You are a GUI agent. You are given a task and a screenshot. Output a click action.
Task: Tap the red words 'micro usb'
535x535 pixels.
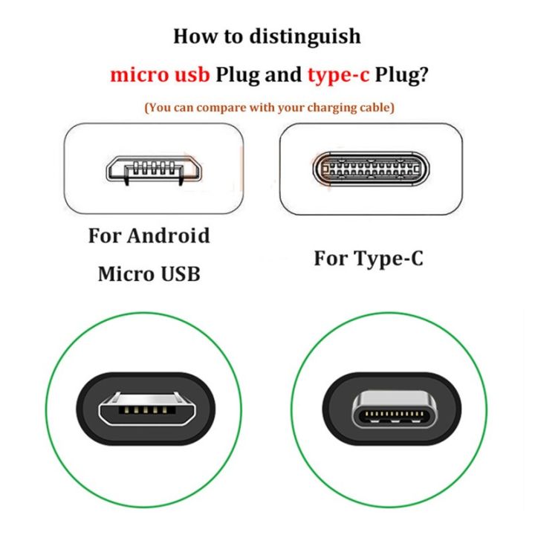click(159, 74)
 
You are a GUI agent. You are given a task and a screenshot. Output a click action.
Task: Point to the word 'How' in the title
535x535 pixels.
click(193, 36)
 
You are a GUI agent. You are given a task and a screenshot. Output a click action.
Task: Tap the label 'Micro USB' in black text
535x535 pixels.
click(149, 274)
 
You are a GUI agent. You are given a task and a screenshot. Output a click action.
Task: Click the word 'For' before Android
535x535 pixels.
click(104, 236)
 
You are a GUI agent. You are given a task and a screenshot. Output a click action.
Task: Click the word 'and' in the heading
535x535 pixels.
click(283, 74)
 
